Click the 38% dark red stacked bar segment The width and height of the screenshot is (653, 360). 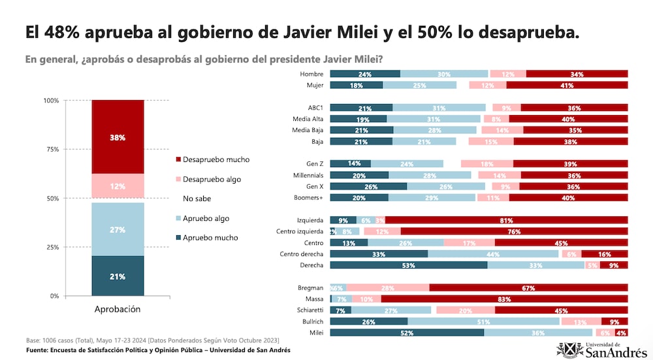118,137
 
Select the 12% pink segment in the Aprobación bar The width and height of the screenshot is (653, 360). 118,186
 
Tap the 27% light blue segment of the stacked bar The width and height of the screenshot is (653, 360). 118,229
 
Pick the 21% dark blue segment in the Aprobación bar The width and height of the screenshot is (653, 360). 118,276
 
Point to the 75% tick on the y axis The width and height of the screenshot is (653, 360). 50,150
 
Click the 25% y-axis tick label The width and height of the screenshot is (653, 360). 50,248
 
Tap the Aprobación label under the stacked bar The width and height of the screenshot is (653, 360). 118,309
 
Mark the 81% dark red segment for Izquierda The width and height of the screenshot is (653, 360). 506,220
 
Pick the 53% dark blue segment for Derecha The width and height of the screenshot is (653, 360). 409,265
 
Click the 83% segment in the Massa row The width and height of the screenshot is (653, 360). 503,299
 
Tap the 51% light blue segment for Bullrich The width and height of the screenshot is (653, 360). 483,321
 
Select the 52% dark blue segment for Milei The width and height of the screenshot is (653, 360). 407,333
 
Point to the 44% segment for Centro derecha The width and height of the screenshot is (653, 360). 493,254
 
